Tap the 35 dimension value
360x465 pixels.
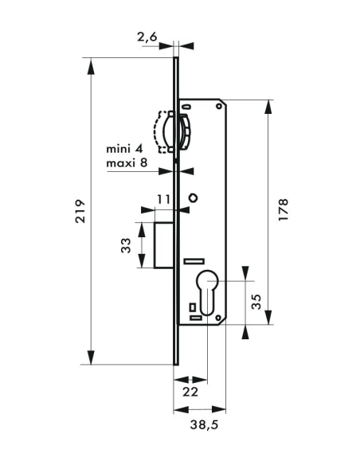click(x=256, y=300)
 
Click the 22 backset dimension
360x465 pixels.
click(x=191, y=392)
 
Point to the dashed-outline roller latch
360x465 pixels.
click(x=172, y=132)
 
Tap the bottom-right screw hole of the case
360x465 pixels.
click(x=219, y=317)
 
